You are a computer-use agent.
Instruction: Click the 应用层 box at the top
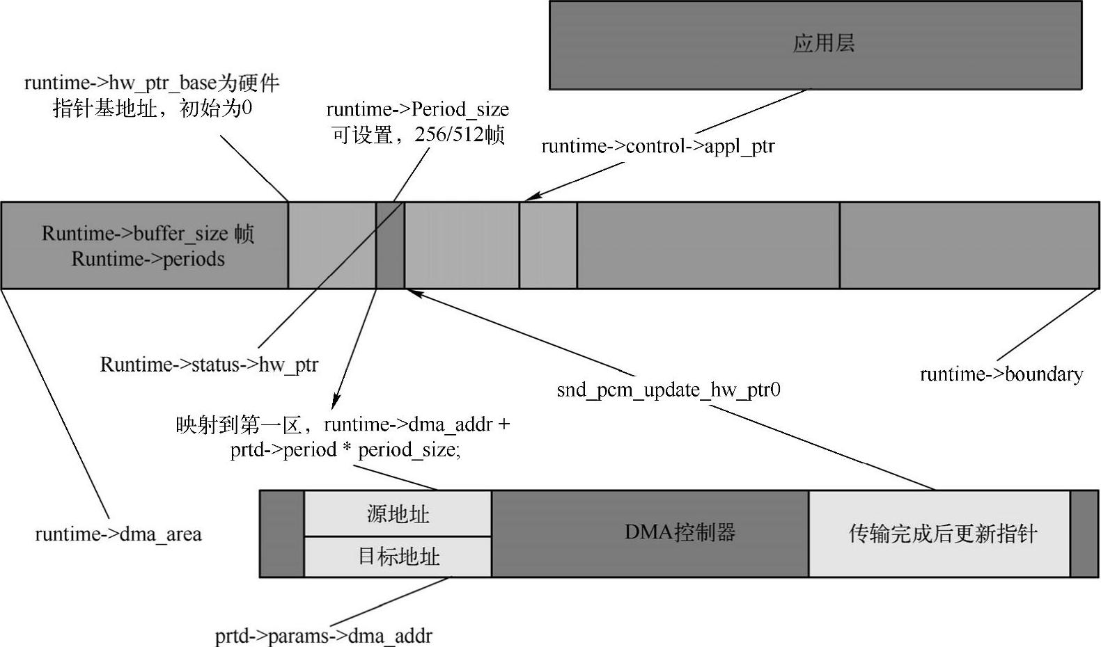tap(815, 45)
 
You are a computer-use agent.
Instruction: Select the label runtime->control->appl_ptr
tap(657, 146)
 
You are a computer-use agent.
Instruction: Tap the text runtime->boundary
tap(1001, 374)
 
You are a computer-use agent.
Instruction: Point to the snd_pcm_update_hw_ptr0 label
tap(669, 390)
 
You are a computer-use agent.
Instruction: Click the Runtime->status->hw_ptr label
tap(209, 365)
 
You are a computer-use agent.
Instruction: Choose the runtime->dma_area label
tap(118, 534)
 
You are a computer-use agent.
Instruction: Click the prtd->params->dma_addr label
tap(323, 636)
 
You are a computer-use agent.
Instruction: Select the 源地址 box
tap(398, 514)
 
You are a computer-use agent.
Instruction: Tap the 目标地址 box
tap(398, 557)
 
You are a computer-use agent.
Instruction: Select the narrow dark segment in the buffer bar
tap(390, 246)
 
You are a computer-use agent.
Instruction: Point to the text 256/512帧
tap(460, 134)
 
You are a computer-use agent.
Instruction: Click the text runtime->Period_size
tap(417, 109)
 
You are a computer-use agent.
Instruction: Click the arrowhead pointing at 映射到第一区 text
tap(336, 404)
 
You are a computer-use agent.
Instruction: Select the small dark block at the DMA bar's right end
tap(1084, 534)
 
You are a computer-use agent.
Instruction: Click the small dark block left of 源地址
tap(282, 534)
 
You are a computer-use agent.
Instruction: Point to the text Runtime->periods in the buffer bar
tap(148, 259)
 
